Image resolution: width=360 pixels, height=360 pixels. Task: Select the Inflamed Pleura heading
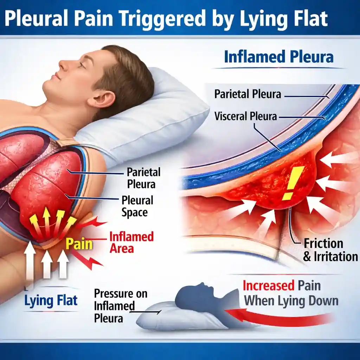coord(279,57)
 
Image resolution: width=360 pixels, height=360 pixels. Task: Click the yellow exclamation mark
coord(293,183)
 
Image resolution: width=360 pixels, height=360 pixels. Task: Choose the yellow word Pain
coord(79,244)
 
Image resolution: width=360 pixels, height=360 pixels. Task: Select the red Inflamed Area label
coord(131,243)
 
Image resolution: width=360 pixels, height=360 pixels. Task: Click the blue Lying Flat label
coord(51,300)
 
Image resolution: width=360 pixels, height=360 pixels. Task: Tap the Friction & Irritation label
coord(330,250)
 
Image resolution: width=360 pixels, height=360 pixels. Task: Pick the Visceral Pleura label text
coord(246,116)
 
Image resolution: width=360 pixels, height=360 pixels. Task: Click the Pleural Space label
coord(137,206)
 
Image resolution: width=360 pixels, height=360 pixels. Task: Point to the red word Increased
coord(268,286)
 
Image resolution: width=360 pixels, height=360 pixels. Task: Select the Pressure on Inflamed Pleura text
coord(120,306)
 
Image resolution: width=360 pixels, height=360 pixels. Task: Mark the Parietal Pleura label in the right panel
coord(247,94)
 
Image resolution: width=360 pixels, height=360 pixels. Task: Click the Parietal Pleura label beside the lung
coord(143,178)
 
